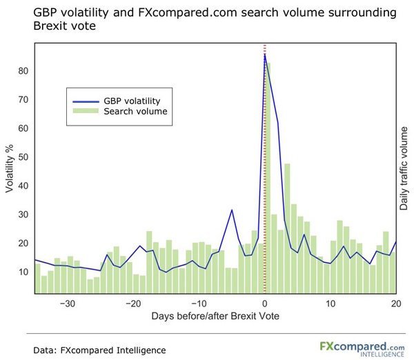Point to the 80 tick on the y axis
tap(23, 70)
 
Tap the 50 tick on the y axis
tap(23, 157)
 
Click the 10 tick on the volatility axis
tap(23, 272)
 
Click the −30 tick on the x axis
tap(67, 303)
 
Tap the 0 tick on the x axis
tap(265, 303)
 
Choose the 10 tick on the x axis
tap(331, 303)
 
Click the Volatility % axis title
tap(10, 169)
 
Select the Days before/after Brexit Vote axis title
tap(215, 316)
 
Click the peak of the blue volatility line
tap(265, 55)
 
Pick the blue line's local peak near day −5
tap(232, 210)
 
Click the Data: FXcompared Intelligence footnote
tap(99, 350)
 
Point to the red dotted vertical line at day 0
tap(265, 172)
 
